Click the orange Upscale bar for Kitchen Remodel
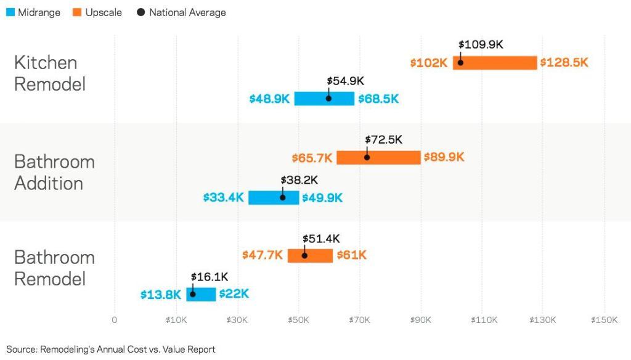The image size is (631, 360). pyautogui.click(x=495, y=62)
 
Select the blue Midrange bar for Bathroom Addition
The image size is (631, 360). pyautogui.click(x=274, y=197)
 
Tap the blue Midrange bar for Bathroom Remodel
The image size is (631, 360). pyautogui.click(x=202, y=294)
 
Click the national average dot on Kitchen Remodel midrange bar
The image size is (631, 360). pyautogui.click(x=328, y=99)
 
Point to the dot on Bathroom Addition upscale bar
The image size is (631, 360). pyautogui.click(x=367, y=157)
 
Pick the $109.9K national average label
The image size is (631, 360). pyautogui.click(x=481, y=45)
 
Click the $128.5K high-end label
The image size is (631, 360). pyautogui.click(x=564, y=63)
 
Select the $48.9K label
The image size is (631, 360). pyautogui.click(x=269, y=99)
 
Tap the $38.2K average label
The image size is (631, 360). pyautogui.click(x=299, y=180)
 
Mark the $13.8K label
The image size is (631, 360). pyautogui.click(x=160, y=295)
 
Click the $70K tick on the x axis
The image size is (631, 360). pyautogui.click(x=359, y=320)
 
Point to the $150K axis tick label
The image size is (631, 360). pyautogui.click(x=604, y=320)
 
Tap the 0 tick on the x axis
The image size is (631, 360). pyautogui.click(x=115, y=320)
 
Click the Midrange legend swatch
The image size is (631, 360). pyautogui.click(x=10, y=12)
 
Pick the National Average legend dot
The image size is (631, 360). pyautogui.click(x=140, y=12)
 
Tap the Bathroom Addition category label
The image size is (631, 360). pyautogui.click(x=54, y=172)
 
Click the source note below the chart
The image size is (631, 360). pyautogui.click(x=111, y=350)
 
